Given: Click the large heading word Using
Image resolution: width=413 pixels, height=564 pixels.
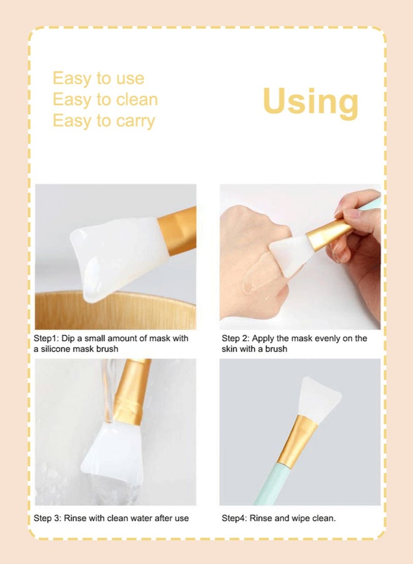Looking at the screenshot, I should point(310,101).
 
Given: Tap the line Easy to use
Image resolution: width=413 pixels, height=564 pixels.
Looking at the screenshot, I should point(98,79).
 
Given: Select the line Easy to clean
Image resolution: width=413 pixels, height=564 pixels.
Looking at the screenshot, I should point(105,99).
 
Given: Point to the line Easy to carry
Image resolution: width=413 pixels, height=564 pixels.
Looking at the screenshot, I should point(103,120).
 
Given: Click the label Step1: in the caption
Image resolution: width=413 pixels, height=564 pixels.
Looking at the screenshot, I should point(45,338).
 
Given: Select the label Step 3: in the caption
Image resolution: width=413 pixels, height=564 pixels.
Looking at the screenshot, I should point(47,518).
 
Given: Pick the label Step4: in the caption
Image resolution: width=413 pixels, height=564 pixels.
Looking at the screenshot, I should point(234,518).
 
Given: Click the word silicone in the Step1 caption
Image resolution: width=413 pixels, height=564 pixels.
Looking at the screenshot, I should point(58,349).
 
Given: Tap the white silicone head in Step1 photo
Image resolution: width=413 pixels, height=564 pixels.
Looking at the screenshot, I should point(116,256).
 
